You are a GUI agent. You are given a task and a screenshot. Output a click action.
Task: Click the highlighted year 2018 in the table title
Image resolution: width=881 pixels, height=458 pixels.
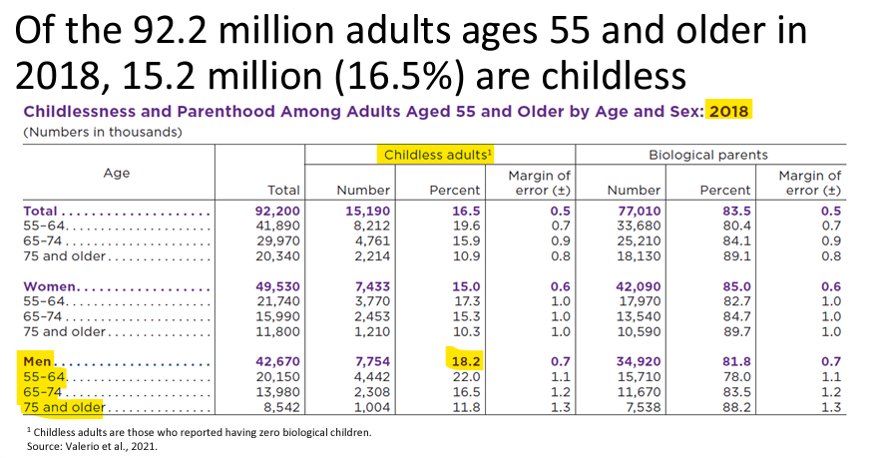[728, 111]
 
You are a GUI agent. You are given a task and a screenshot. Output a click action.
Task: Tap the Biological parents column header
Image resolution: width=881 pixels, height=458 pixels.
[708, 155]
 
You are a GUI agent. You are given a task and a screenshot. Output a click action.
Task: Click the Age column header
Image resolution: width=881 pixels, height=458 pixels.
[117, 173]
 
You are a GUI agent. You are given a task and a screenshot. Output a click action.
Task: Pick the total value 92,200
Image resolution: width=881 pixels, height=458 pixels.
[277, 211]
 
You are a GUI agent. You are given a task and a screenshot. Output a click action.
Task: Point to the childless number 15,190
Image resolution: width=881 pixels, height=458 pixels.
[367, 211]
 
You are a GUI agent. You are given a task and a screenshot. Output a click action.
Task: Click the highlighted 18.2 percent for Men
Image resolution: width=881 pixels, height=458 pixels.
[466, 361]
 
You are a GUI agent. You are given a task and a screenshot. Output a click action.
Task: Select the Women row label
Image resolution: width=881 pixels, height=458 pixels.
[49, 286]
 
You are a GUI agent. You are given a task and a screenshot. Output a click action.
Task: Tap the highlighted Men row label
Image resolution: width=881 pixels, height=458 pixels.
[37, 361]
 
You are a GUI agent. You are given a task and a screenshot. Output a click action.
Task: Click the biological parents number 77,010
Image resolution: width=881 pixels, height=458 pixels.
[639, 211]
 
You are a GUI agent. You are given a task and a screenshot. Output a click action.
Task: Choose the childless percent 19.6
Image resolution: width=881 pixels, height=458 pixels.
[466, 226]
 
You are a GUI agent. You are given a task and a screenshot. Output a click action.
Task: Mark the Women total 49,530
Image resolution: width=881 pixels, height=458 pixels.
[277, 286]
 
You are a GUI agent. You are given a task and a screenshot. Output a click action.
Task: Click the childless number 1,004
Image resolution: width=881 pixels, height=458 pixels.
[372, 407]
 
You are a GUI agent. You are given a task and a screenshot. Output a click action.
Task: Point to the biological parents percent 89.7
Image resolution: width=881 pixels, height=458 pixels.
[736, 331]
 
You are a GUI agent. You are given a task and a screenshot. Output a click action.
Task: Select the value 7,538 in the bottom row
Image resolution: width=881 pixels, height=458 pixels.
[643, 407]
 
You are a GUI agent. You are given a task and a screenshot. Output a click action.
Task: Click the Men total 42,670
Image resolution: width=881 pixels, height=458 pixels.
[277, 361]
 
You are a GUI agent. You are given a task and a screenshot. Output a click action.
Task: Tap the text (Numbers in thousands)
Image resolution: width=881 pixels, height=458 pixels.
[102, 132]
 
